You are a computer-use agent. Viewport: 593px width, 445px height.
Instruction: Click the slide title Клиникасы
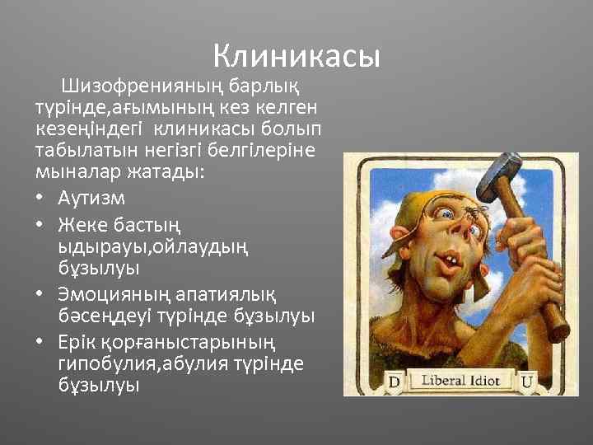tap(296, 56)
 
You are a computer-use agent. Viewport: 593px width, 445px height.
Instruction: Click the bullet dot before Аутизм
tap(41, 199)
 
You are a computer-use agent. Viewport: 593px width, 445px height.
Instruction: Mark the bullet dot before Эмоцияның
tap(41, 294)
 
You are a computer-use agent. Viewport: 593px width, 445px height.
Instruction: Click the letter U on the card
tap(526, 382)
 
